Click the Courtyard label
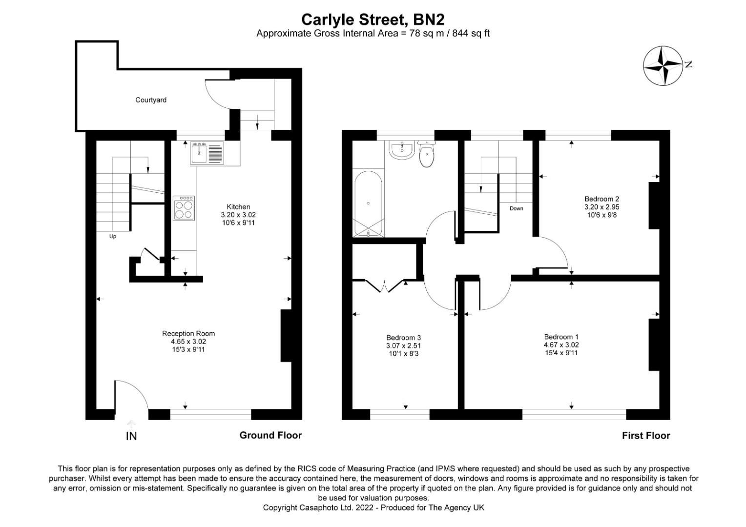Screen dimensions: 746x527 [150, 100]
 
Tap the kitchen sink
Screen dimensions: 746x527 [207, 153]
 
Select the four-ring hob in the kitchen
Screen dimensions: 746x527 [184, 208]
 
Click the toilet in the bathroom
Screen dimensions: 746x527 [427, 154]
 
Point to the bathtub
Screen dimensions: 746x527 [368, 204]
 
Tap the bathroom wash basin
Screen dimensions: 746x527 [402, 150]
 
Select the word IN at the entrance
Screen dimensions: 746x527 [131, 436]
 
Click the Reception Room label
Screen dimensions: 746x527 [188, 333]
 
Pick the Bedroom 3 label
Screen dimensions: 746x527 [403, 338]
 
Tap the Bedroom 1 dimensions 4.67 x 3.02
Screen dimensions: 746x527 [561, 345]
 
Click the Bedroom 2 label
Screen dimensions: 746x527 [602, 199]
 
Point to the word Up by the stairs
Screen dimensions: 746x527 [113, 237]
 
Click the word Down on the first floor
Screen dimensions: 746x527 [516, 208]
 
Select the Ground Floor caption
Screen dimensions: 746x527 [270, 435]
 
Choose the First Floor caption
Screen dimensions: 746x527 [646, 435]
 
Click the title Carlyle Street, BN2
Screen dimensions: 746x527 [373, 20]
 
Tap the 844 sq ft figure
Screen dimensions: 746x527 [471, 34]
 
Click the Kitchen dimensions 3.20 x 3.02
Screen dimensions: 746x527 [238, 215]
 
